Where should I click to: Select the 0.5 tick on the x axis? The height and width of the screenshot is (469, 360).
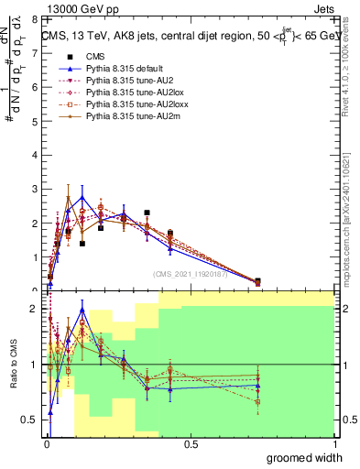click(x=191, y=444)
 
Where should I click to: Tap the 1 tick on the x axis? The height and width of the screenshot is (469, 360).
click(x=334, y=444)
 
